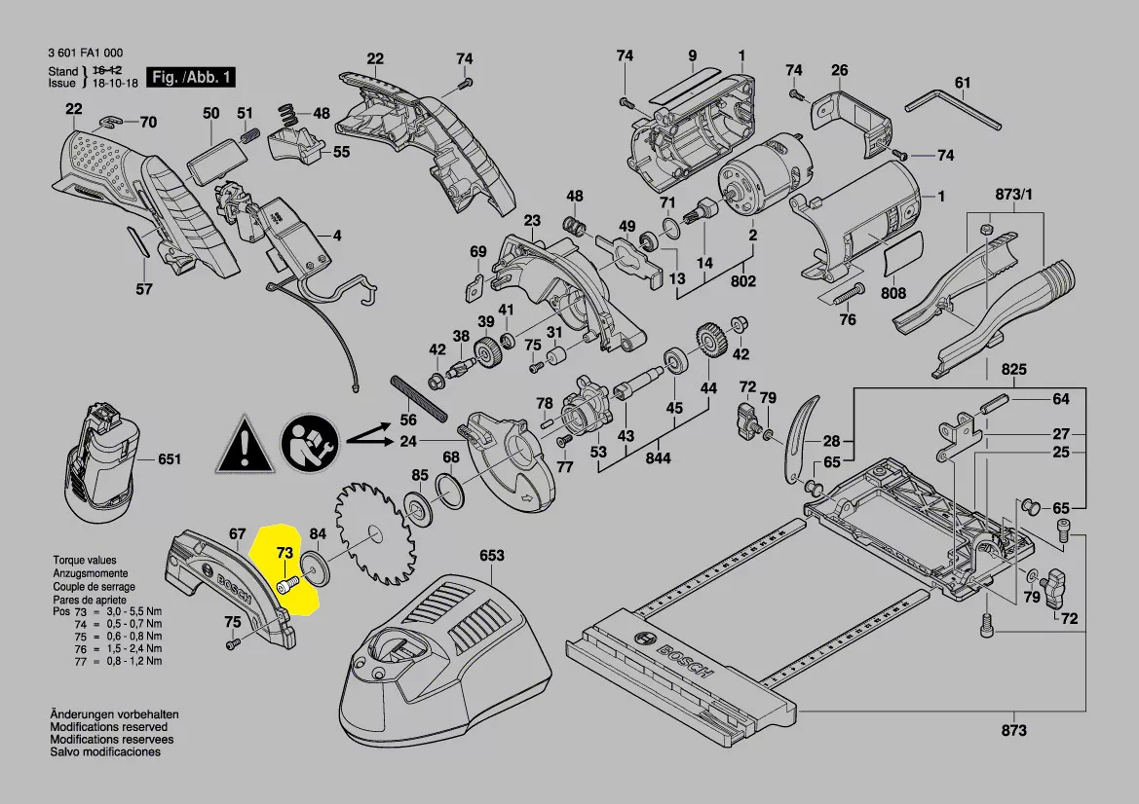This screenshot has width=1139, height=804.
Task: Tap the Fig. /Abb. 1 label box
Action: [190, 77]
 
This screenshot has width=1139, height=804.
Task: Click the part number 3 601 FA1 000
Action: [85, 54]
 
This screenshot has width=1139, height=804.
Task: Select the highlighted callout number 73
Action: [284, 553]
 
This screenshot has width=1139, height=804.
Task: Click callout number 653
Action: [492, 556]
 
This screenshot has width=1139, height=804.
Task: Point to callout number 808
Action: [892, 293]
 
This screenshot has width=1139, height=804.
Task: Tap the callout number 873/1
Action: [1013, 195]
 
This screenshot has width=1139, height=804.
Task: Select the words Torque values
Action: [84, 561]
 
